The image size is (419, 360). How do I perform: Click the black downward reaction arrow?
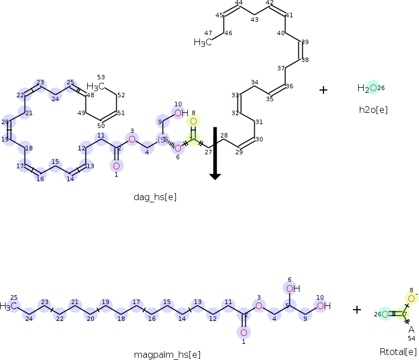point(215,154)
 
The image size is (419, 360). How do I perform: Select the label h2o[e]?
point(373,110)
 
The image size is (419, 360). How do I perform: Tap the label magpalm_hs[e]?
point(167,354)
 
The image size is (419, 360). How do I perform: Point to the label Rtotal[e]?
point(398,352)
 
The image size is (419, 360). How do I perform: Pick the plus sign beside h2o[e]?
point(323,89)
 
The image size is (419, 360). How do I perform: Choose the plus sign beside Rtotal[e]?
point(357,309)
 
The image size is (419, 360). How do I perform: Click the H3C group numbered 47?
point(203,42)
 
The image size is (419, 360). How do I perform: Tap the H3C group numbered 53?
point(96,87)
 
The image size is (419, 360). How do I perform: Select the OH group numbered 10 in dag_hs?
point(180,113)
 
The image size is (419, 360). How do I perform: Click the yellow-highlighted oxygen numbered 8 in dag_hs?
point(193,121)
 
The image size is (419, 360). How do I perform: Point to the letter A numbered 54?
point(411,329)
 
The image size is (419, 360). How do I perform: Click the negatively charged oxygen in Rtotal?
point(411,299)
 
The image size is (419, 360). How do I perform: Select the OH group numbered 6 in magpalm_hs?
point(292,288)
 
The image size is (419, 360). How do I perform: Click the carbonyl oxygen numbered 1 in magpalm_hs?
point(244,333)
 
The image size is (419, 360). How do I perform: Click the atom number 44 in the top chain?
point(239,3)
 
